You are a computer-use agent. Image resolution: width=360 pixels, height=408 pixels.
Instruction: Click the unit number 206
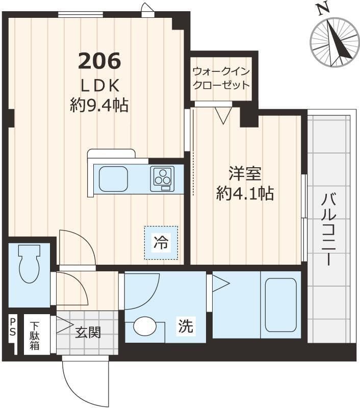point(99,61)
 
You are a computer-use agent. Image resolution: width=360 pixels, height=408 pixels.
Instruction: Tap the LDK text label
point(99,84)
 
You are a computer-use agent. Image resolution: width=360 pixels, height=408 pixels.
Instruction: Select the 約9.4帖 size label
point(99,105)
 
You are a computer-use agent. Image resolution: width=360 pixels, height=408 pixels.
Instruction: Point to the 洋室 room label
point(245,174)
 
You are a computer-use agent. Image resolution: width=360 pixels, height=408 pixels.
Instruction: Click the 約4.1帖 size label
point(245,193)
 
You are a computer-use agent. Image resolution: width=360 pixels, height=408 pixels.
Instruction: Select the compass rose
point(335,42)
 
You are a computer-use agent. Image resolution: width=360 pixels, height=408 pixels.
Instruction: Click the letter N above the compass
point(321,8)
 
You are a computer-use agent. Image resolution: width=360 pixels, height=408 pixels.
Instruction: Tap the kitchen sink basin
point(113,179)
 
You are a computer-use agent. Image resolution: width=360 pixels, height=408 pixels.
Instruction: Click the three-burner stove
point(162,178)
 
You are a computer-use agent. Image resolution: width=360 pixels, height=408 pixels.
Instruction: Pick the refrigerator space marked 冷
point(161,243)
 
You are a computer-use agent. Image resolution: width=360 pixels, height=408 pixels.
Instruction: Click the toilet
point(29,263)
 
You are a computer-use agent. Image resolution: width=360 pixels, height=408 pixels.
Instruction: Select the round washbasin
point(145,326)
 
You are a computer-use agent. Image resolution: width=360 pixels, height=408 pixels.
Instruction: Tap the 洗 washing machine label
point(186,327)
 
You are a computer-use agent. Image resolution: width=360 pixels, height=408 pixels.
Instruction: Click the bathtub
point(280,304)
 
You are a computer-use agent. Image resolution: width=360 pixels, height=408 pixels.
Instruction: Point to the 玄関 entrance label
point(88,333)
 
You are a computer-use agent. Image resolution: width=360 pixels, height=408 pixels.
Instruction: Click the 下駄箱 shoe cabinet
point(35,334)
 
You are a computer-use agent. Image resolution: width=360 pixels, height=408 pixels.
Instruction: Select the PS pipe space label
point(12,328)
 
